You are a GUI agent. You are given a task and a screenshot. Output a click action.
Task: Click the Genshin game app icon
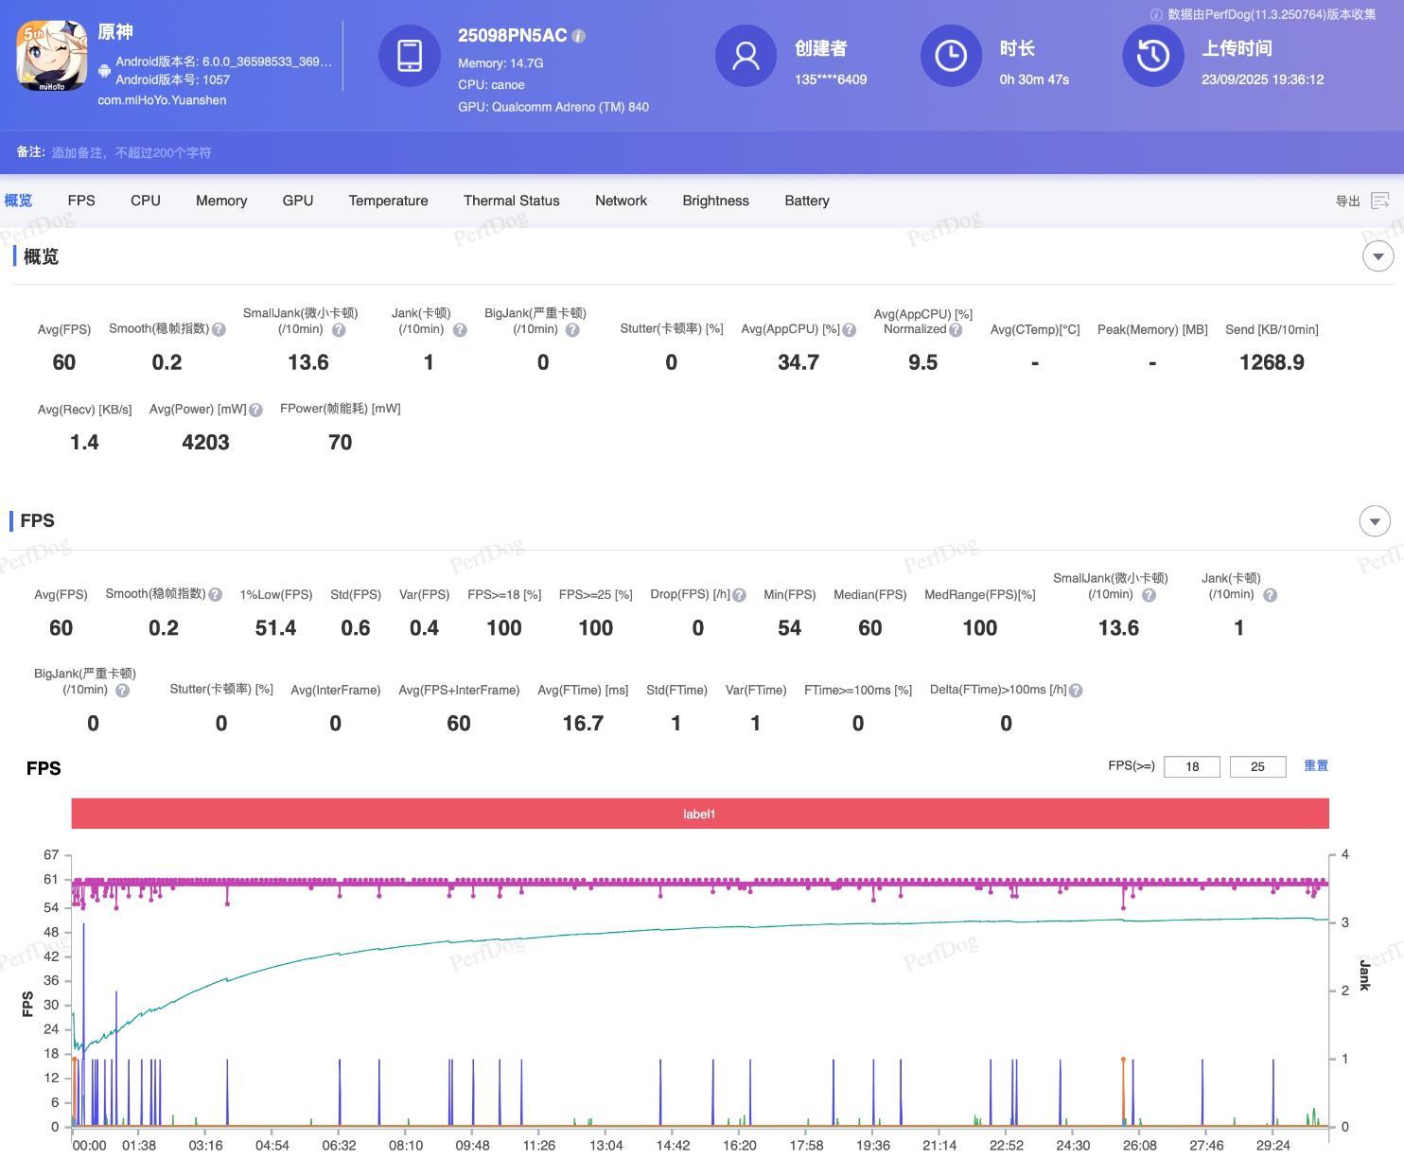tap(52, 57)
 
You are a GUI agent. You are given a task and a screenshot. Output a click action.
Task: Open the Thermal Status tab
tap(511, 201)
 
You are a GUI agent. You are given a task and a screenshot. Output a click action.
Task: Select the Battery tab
tap(806, 201)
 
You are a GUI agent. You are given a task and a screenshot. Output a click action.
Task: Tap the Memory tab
tap(221, 201)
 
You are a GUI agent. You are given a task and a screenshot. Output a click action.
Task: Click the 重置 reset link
tap(1315, 765)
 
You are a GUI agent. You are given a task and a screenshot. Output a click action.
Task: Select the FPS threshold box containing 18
tap(1191, 766)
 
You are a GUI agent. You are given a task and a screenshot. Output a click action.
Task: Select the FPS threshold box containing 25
tap(1257, 766)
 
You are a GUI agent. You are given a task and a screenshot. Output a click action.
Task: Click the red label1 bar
tap(699, 814)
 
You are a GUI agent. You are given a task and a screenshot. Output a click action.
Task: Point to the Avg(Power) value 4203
tap(205, 442)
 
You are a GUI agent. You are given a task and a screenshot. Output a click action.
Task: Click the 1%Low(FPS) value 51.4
tap(275, 628)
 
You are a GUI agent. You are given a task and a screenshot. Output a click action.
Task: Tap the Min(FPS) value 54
tap(789, 628)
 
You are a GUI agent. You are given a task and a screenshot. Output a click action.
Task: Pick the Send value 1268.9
tap(1272, 362)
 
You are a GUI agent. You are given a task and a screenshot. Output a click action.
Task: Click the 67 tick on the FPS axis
tap(51, 855)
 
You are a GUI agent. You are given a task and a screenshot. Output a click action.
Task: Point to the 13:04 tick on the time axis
tap(606, 1145)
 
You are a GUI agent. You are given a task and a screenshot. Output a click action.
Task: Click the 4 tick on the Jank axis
tap(1344, 855)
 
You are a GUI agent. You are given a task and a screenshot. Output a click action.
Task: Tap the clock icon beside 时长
tap(951, 56)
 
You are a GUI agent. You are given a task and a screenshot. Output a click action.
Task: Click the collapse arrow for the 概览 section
tap(1378, 256)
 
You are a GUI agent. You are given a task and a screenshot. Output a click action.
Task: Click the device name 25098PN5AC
tap(512, 36)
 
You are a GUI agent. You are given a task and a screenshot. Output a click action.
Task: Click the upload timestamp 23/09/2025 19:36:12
tap(1262, 79)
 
